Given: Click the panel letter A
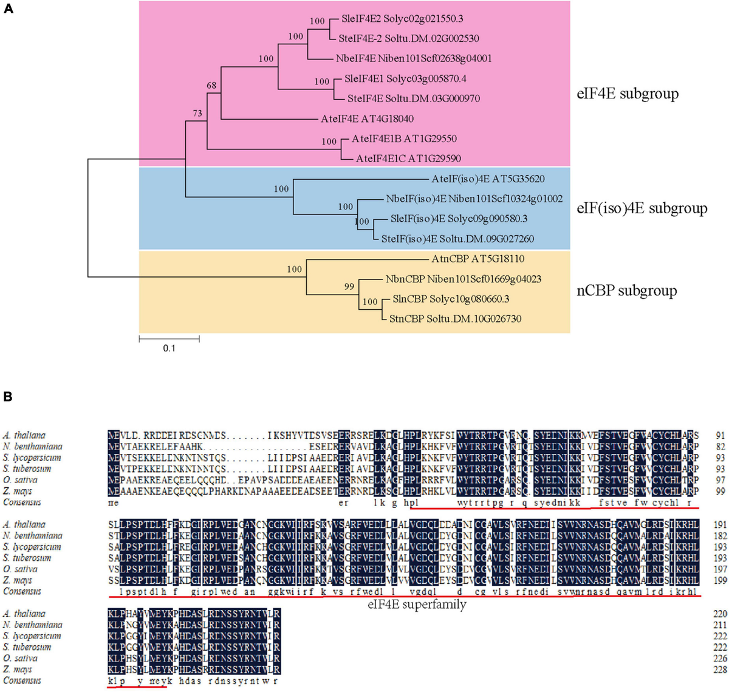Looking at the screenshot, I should tap(9, 11).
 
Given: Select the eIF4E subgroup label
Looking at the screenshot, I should tap(627, 94).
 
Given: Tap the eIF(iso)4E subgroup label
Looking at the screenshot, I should tap(642, 208).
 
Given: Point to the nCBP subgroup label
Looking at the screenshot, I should tap(626, 291).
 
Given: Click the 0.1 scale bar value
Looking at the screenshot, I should tap(168, 348).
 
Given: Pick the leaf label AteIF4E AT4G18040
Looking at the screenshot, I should tap(367, 119).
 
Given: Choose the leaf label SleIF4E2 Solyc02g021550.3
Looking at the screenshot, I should tap(402, 19).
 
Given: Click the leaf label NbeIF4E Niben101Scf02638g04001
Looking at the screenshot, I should tap(414, 59).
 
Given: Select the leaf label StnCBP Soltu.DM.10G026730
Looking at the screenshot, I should tap(455, 318).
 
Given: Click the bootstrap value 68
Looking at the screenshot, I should tap(211, 86).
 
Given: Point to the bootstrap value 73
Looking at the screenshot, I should tap(197, 113).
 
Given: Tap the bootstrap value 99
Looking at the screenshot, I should tap(349, 287).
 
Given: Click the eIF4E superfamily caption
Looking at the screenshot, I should tap(417, 605).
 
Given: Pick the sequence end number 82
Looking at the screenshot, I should tap(720, 447).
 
